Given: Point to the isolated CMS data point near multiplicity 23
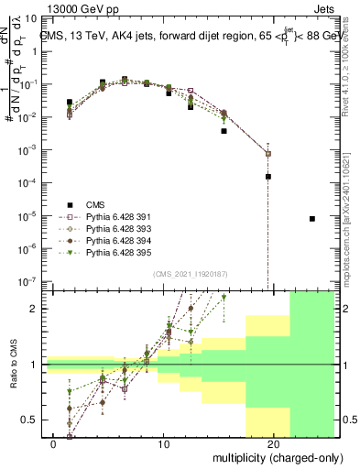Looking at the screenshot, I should pos(312,219).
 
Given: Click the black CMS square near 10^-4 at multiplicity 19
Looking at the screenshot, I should pos(268,177).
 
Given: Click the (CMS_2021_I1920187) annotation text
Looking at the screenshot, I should pos(190,274).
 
